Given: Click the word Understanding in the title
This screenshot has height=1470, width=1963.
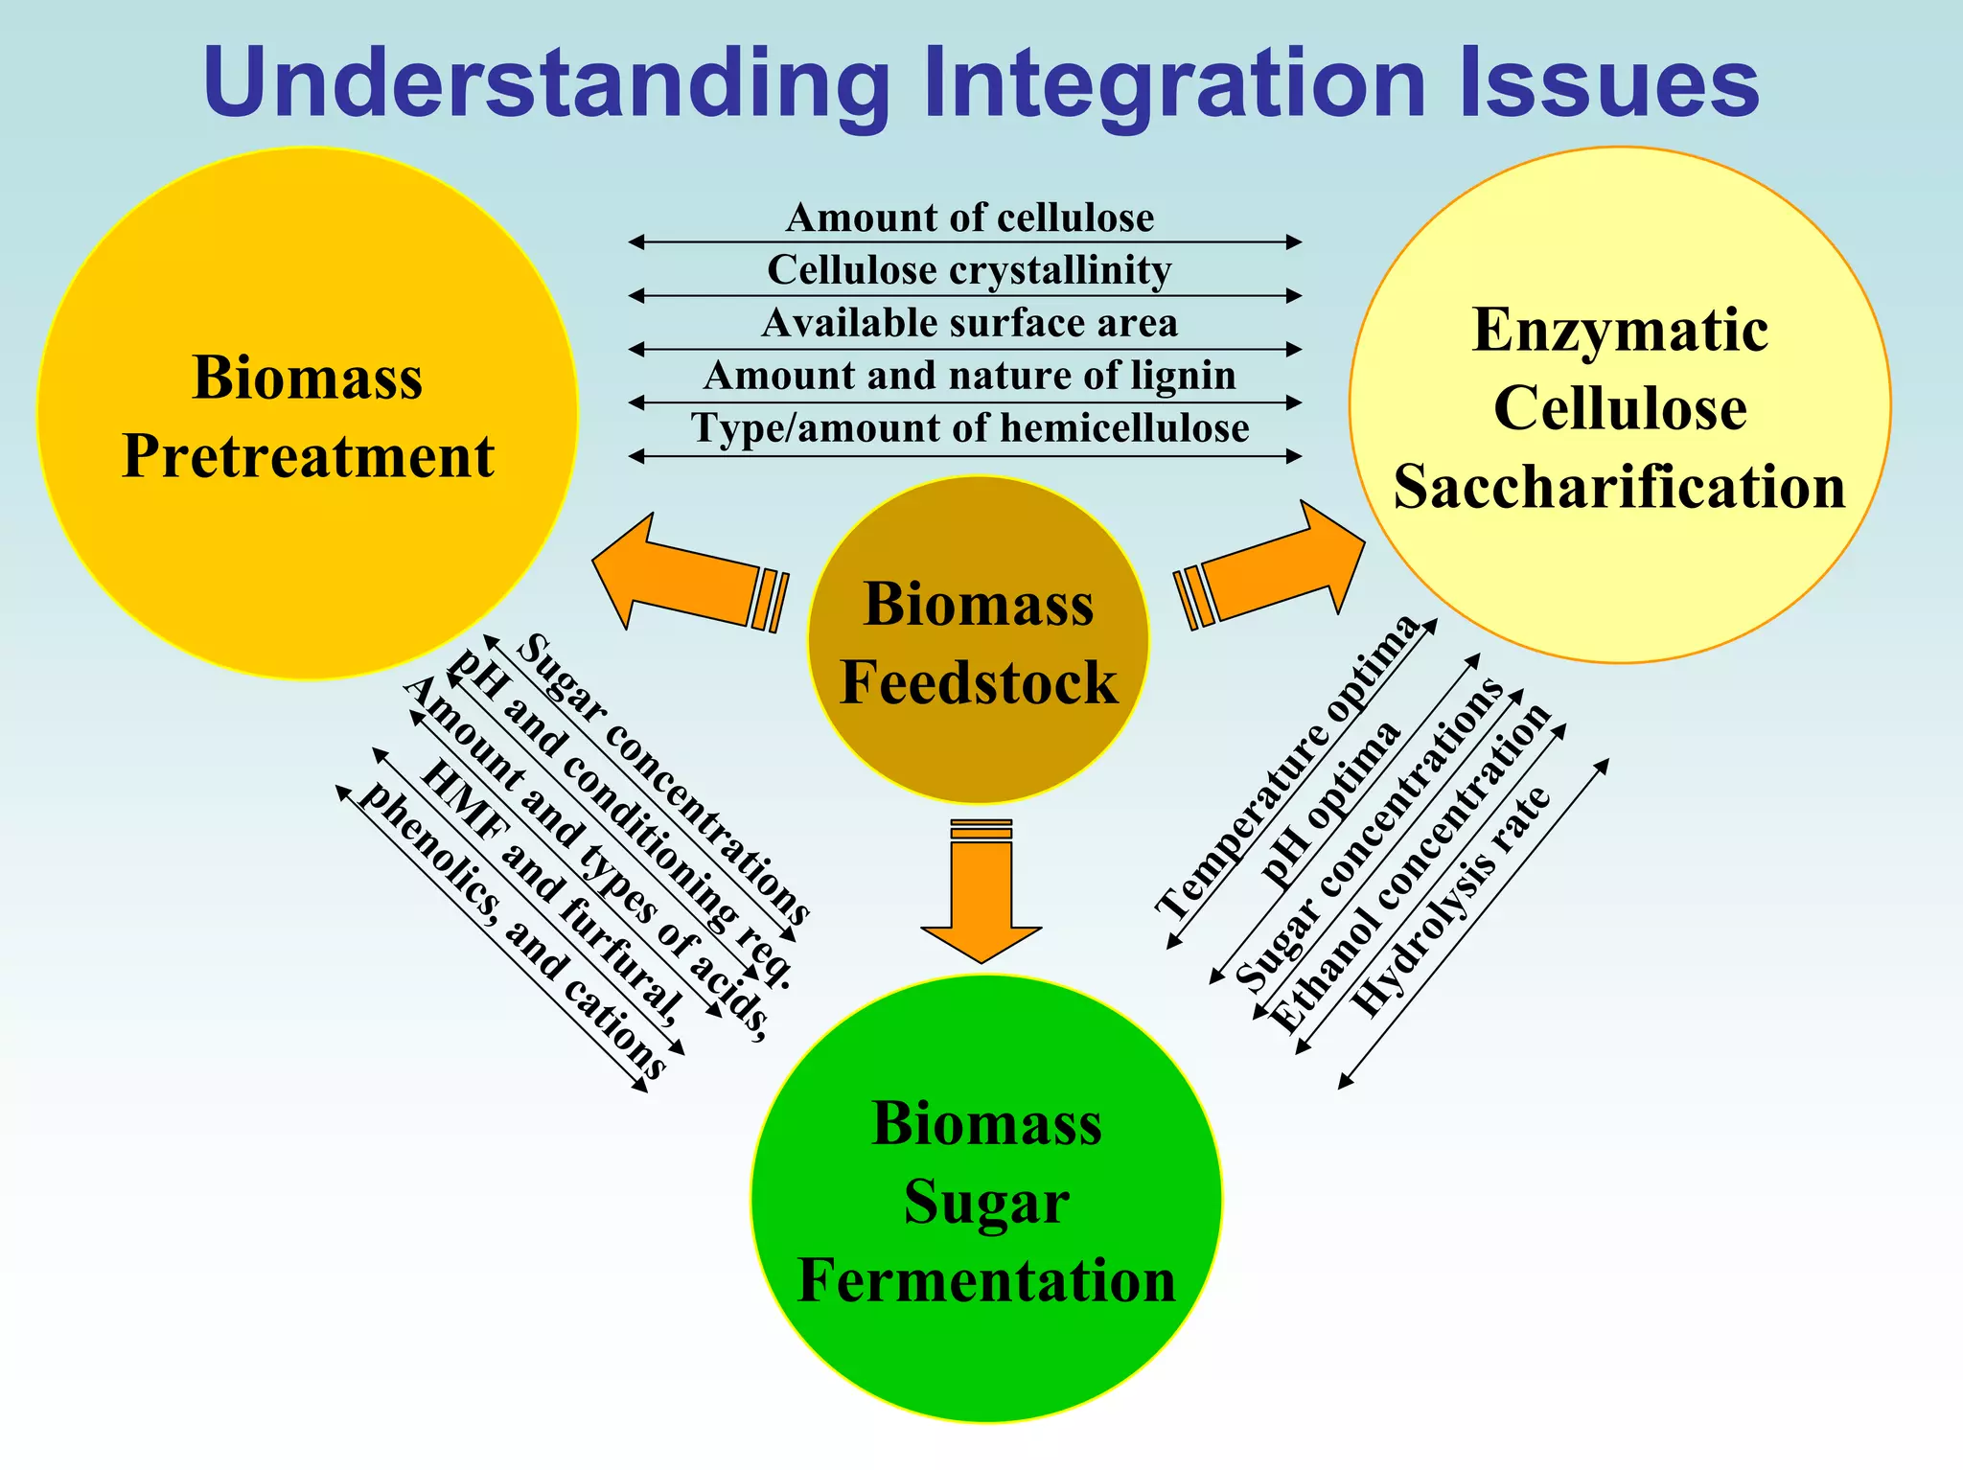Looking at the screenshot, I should pos(546,84).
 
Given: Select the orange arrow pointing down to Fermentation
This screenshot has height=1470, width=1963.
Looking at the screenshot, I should pos(981,891).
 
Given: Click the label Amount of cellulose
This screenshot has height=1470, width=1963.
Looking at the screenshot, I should pos(970,218).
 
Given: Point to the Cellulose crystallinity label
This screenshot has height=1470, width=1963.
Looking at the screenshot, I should pos(970,270).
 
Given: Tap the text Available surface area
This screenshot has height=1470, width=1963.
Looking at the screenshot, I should pos(970,323).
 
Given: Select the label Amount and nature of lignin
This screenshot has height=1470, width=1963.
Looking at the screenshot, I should pos(970,376).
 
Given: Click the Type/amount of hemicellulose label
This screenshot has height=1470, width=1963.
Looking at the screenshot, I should pos(970,428).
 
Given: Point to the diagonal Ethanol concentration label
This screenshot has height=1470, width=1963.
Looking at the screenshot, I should pos(1410,867).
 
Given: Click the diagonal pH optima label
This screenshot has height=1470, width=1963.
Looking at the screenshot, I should pos(1331,806).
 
